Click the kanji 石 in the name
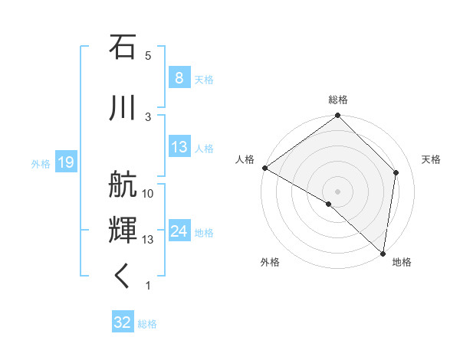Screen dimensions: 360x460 pyautogui.click(x=123, y=47)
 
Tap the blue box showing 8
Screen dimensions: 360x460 pyautogui.click(x=179, y=78)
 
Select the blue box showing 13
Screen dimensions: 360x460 pyautogui.click(x=179, y=147)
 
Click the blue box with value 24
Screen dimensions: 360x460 pyautogui.click(x=179, y=231)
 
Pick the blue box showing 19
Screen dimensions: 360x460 pyautogui.click(x=65, y=162)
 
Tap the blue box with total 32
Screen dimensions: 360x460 pyautogui.click(x=123, y=322)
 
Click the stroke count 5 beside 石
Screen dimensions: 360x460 pyautogui.click(x=148, y=56)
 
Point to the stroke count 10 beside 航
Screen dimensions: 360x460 pyautogui.click(x=148, y=194)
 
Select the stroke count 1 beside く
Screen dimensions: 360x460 pyautogui.click(x=148, y=286)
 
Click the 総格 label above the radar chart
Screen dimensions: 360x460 pyautogui.click(x=338, y=100)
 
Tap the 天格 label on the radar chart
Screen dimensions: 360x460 pyautogui.click(x=432, y=159)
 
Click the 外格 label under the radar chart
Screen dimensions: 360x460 pyautogui.click(x=270, y=262)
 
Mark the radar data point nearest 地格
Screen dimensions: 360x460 pyautogui.click(x=383, y=254)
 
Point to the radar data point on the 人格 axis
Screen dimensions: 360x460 pyautogui.click(x=264, y=168)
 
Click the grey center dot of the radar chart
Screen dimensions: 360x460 pyautogui.click(x=338, y=191)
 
